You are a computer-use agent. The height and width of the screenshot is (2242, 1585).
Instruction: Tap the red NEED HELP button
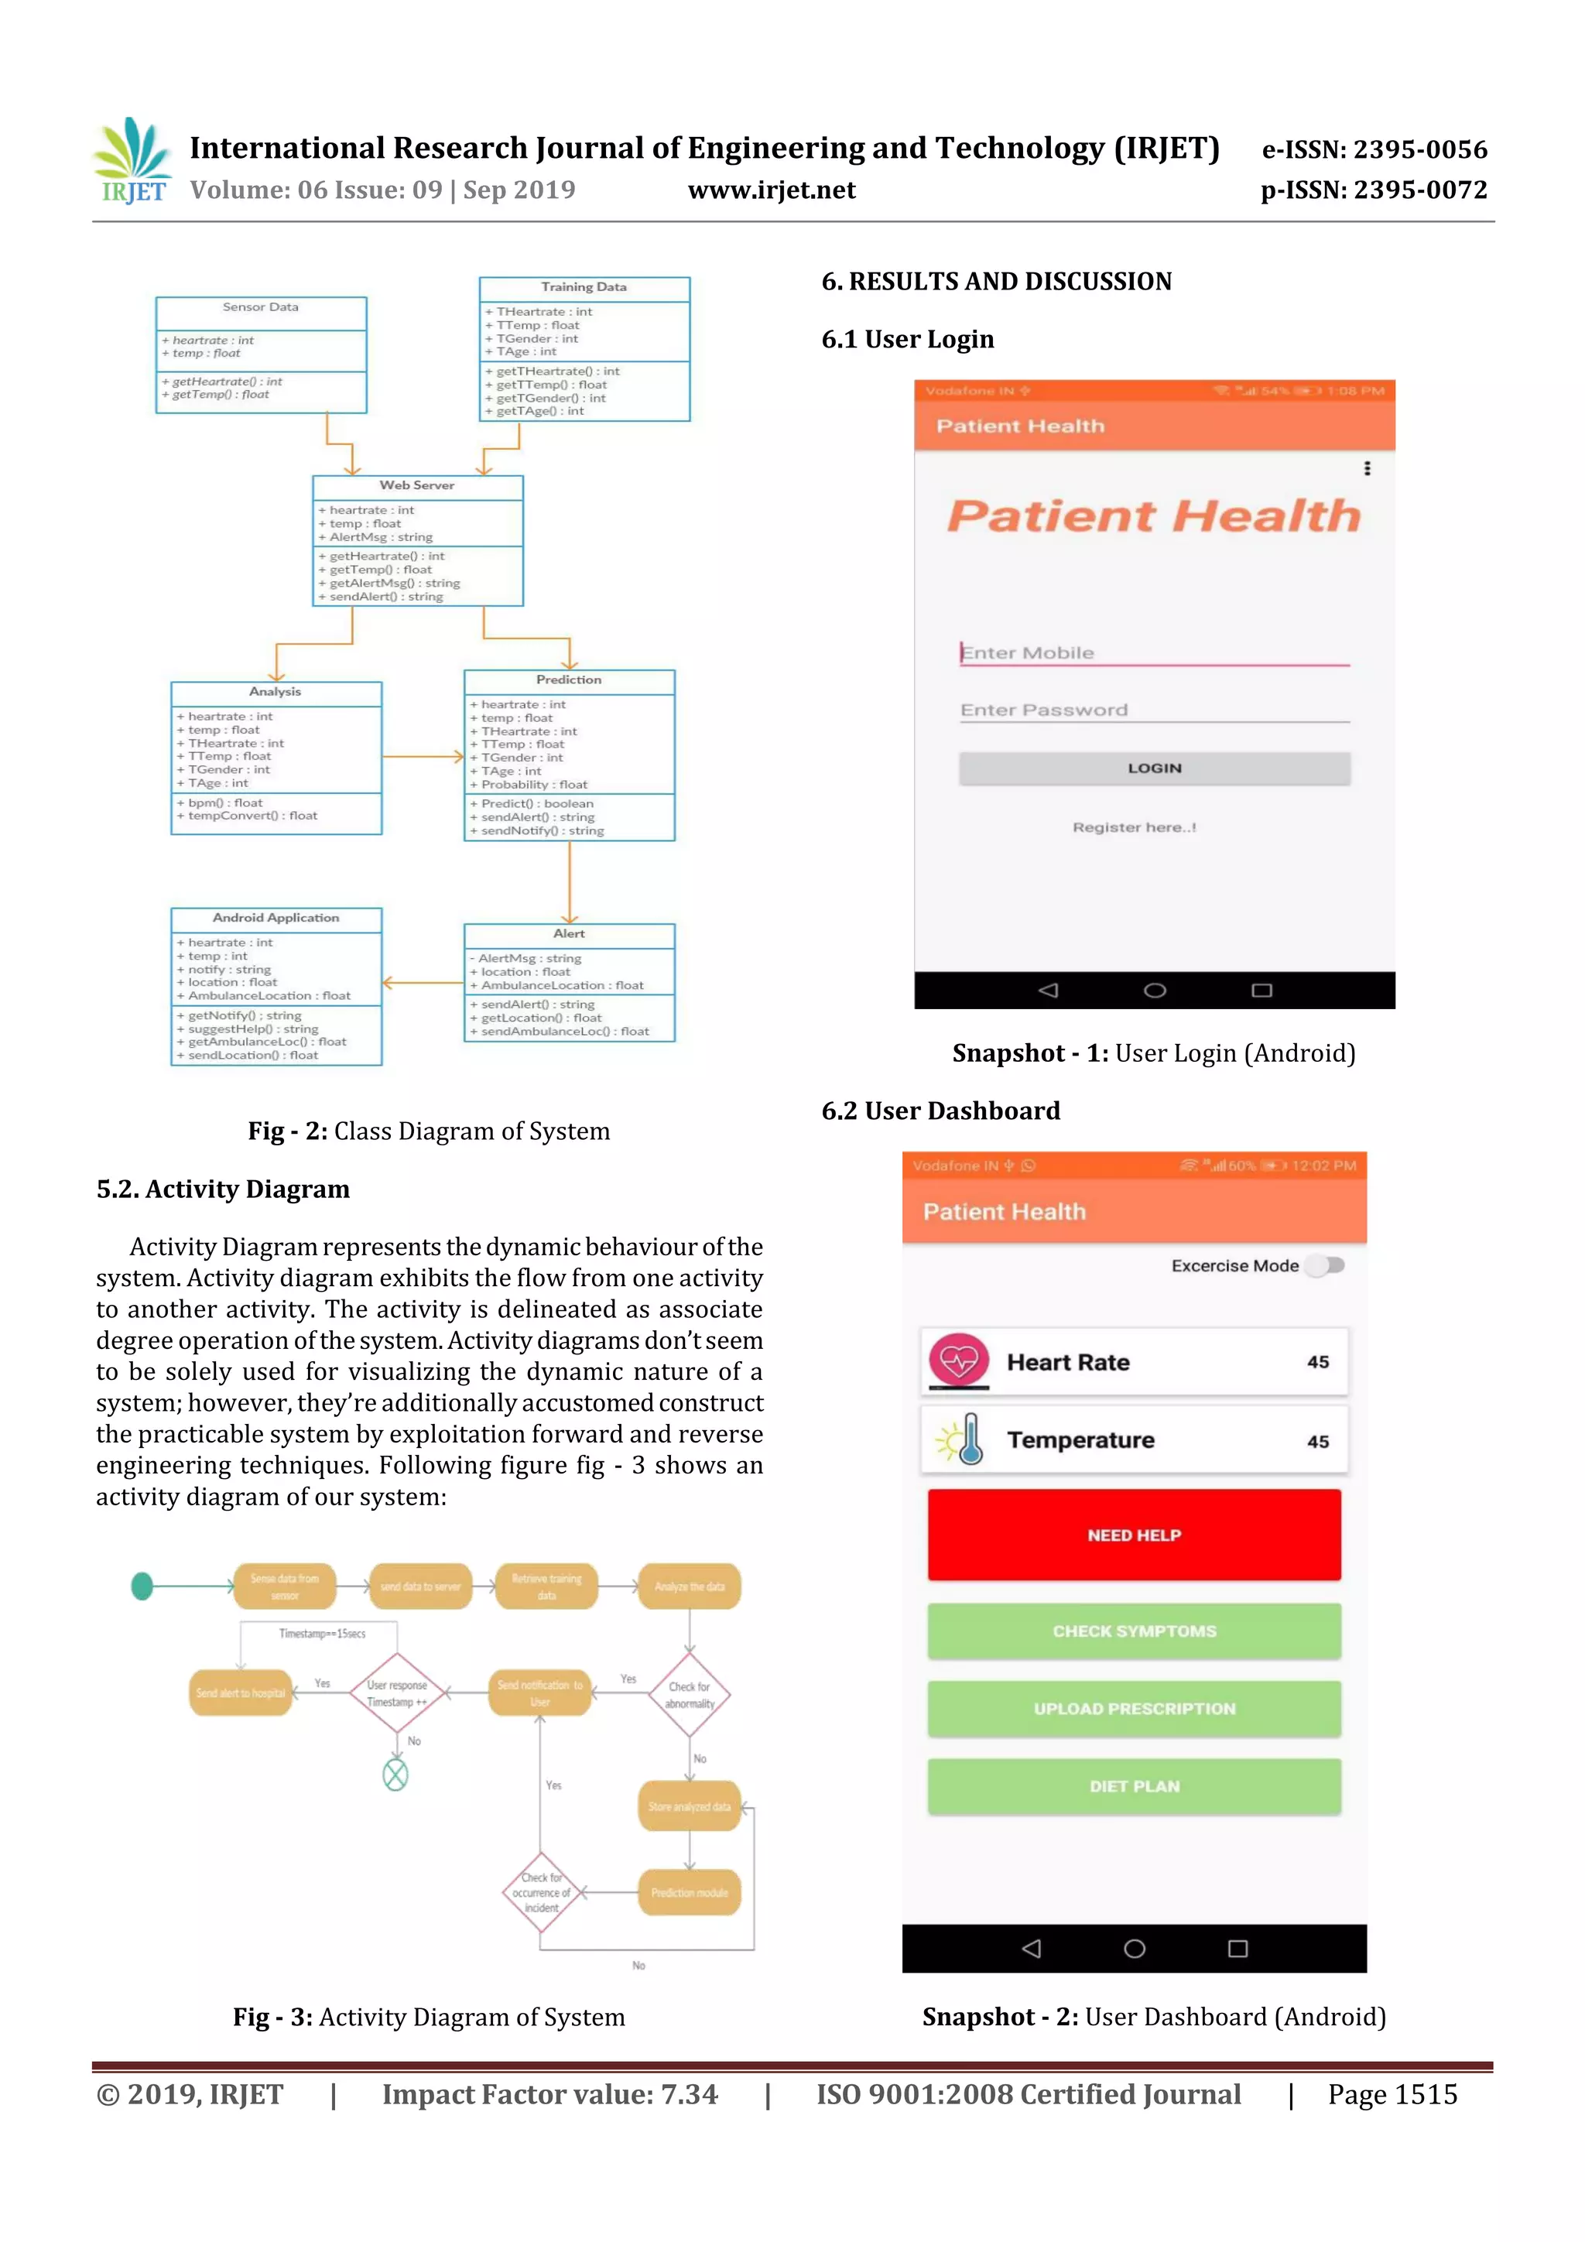pos(1134,1535)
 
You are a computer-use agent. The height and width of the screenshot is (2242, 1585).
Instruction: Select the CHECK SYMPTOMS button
pos(1134,1631)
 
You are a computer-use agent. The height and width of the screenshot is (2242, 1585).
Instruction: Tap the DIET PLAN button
pos(1134,1786)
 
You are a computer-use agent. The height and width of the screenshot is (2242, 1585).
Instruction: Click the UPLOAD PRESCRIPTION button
pos(1134,1709)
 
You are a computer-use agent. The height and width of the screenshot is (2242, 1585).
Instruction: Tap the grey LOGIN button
pos(1155,768)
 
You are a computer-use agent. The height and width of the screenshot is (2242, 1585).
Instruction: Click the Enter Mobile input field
pos(1155,652)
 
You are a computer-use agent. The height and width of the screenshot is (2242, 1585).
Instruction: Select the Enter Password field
pos(1155,710)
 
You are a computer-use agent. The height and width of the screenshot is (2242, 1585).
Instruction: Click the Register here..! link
pos(1134,827)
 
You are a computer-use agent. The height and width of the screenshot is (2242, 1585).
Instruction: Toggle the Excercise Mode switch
pos(1327,1265)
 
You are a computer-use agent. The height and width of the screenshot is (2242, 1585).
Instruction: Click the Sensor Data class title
pos(261,307)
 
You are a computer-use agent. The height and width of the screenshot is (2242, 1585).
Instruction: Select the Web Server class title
pos(417,485)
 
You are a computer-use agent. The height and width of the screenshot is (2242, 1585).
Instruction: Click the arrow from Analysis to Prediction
pos(422,756)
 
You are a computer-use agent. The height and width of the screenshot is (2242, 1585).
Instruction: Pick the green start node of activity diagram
pos(142,1587)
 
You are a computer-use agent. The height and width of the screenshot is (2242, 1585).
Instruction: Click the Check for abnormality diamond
pos(690,1694)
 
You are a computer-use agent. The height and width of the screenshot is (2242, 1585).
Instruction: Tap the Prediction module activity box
pos(690,1892)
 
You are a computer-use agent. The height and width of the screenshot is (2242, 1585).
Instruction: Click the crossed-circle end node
pos(395,1775)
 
